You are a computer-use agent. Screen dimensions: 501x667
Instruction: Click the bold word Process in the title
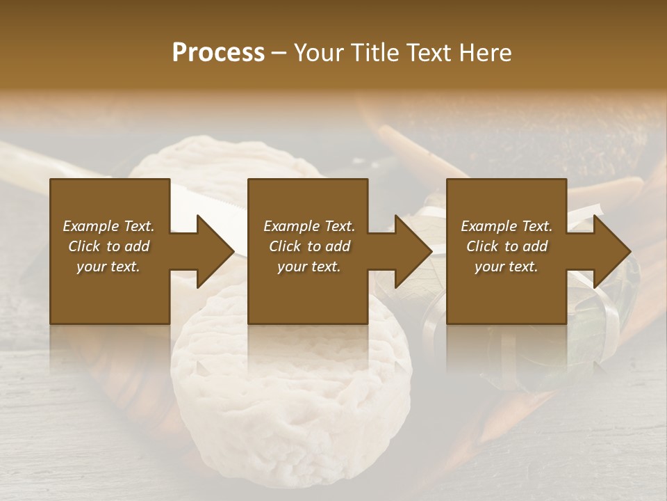point(218,52)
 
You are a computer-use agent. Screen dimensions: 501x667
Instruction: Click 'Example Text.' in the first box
point(108,226)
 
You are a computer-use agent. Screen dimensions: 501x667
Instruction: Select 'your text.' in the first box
point(108,267)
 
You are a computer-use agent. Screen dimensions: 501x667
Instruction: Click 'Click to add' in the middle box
point(309,246)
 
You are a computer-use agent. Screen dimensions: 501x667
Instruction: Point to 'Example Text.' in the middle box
point(309,226)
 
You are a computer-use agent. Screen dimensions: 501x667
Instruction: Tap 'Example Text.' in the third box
point(507,226)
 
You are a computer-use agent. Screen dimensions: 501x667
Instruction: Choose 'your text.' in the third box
point(507,267)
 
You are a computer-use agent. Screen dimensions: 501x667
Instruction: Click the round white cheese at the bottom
point(292,404)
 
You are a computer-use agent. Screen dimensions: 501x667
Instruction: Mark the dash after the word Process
point(279,53)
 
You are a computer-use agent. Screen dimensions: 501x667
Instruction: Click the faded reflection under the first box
point(110,348)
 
